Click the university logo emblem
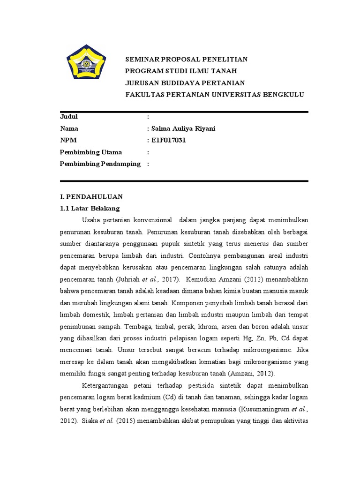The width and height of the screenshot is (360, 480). (86, 64)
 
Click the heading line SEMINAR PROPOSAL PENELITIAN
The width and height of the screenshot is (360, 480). (186, 59)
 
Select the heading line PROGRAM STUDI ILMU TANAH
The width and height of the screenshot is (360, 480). (180, 71)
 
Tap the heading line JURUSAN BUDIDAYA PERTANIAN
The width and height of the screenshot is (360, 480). (185, 82)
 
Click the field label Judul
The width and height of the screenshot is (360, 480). (69, 117)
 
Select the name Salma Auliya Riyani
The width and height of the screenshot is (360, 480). (183, 128)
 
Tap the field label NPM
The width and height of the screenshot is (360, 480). (68, 140)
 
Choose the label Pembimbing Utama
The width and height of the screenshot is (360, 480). (91, 152)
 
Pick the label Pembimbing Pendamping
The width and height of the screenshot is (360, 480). (100, 164)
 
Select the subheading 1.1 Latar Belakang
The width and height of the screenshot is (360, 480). (90, 208)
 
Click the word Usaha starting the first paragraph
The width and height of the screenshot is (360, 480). (91, 220)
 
